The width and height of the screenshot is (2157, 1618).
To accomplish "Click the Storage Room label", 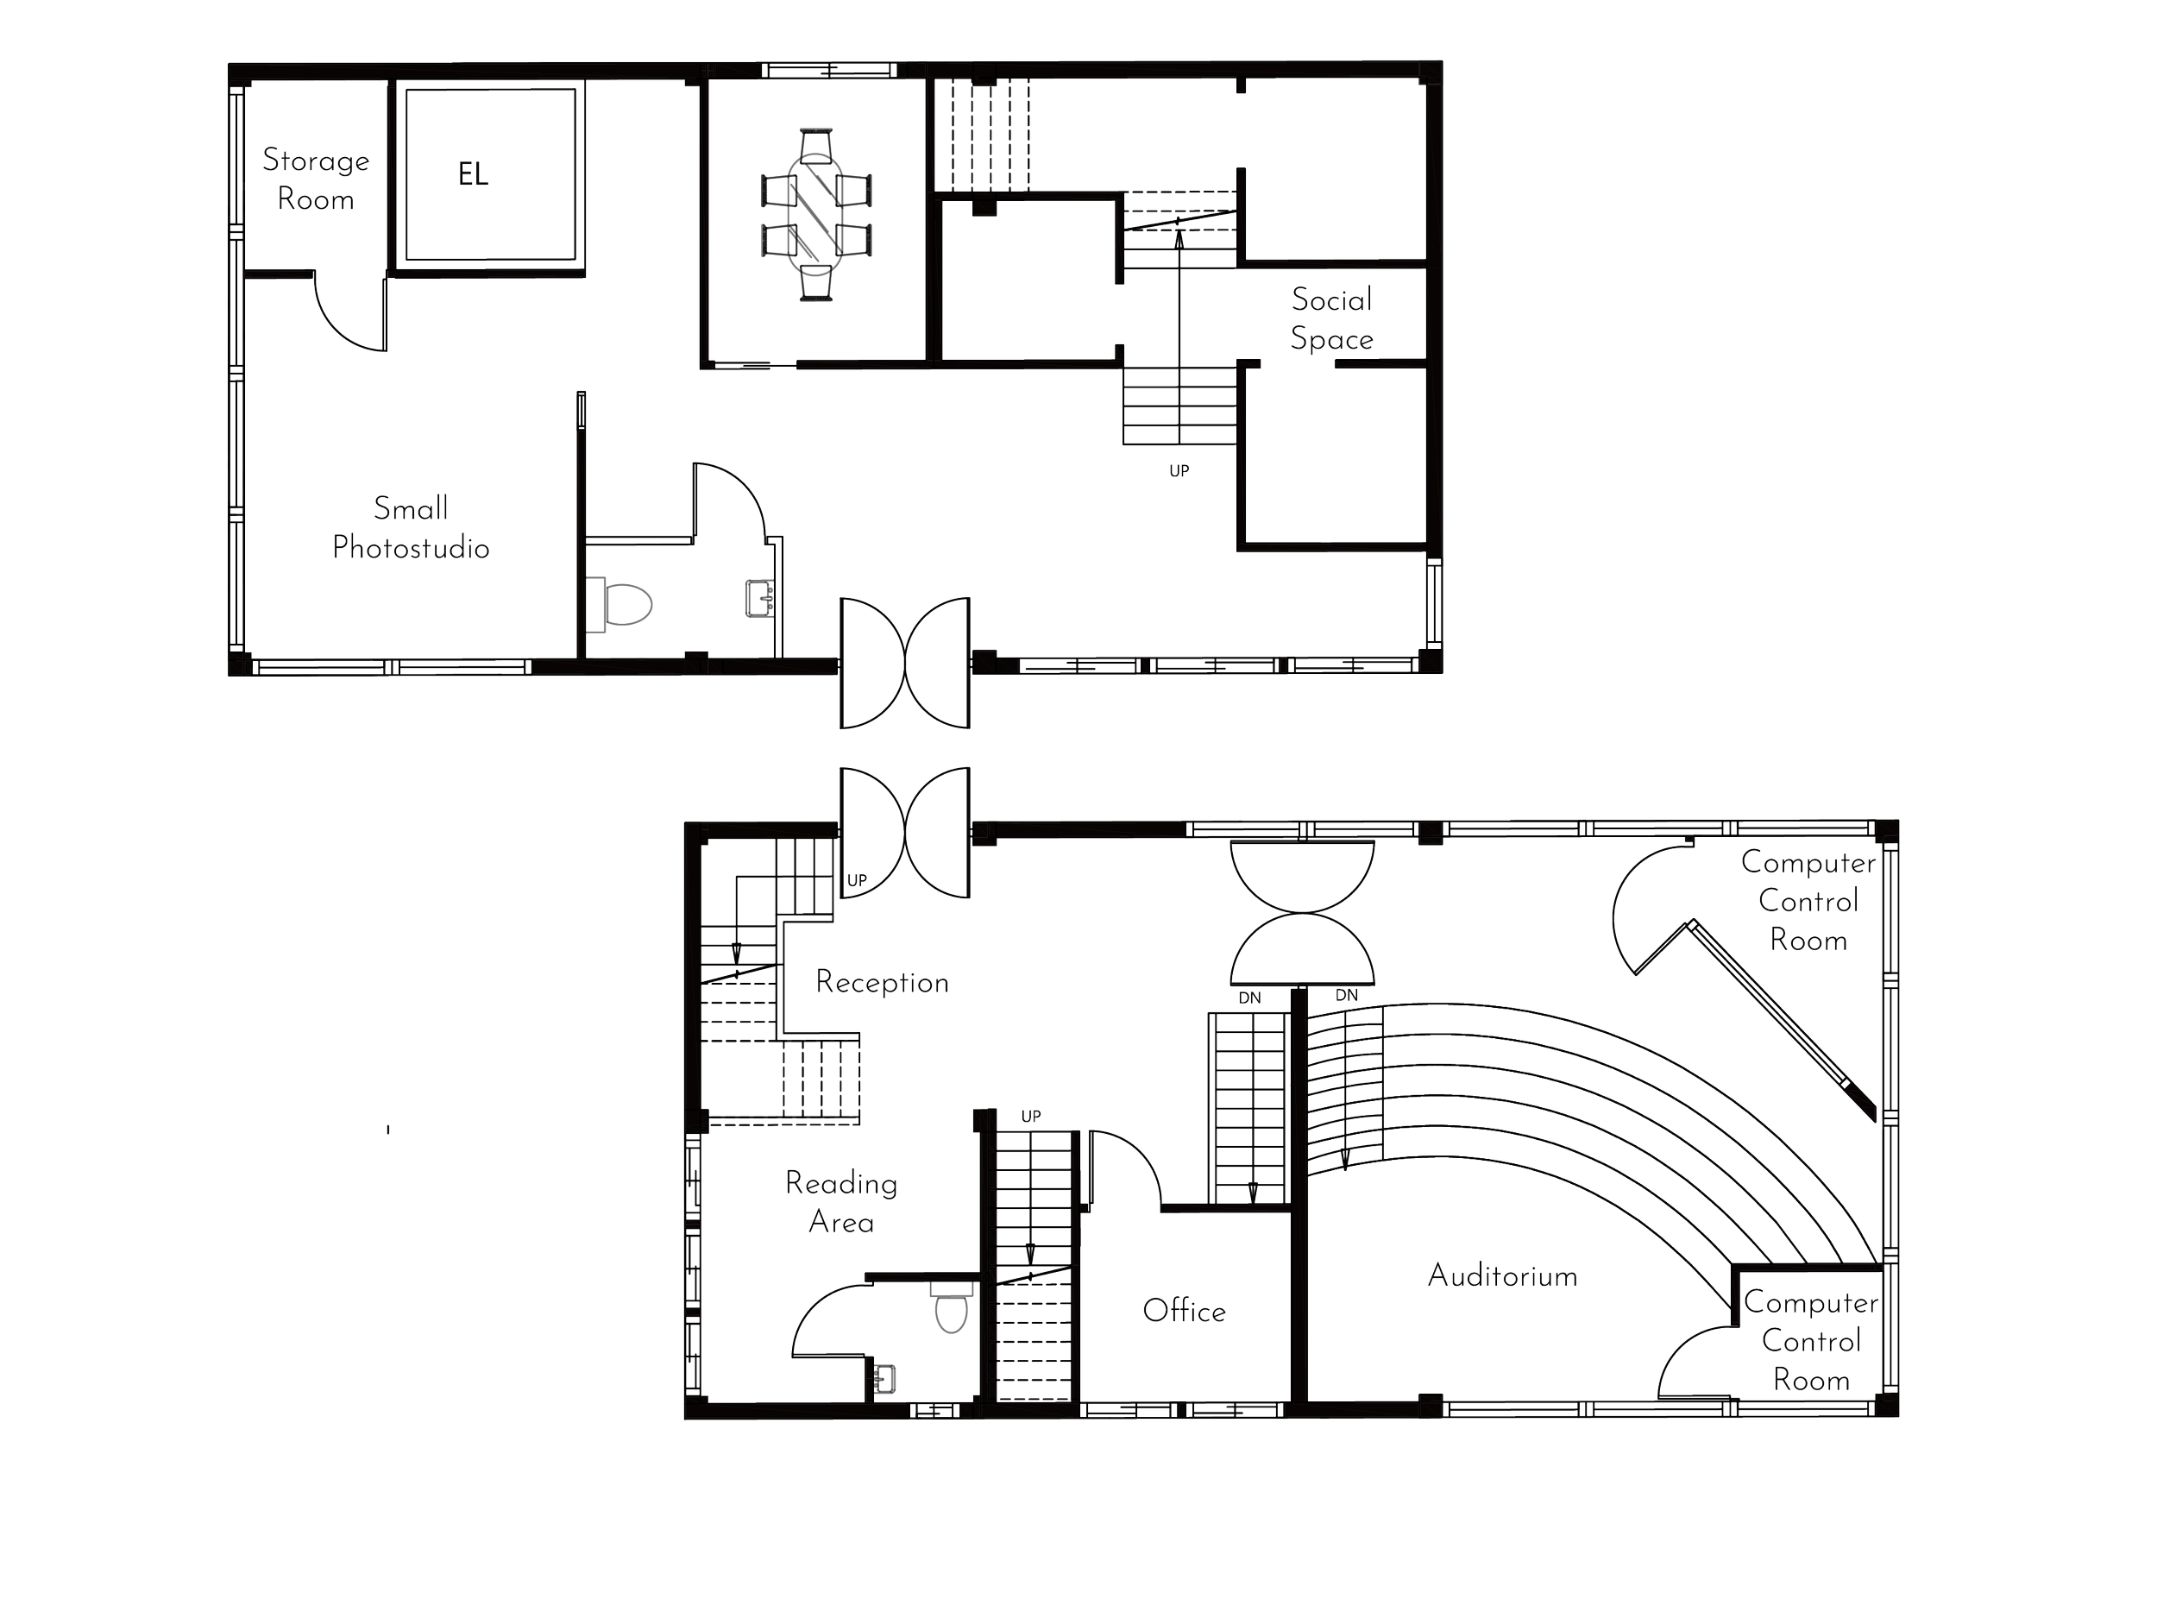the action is [x=315, y=180].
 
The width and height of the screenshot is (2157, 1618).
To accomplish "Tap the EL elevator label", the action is [x=474, y=175].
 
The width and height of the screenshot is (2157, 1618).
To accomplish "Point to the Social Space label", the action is [x=1331, y=319].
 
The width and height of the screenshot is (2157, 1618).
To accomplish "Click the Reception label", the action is [x=883, y=982].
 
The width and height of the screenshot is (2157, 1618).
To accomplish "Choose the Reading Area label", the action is [x=840, y=1203].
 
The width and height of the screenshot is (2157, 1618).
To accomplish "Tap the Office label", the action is [x=1183, y=1311].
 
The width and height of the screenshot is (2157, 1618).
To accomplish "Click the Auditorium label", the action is [x=1502, y=1275].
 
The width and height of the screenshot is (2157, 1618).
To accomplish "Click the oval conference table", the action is [x=816, y=215].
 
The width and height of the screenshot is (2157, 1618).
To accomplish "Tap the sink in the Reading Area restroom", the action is [x=886, y=1378].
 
